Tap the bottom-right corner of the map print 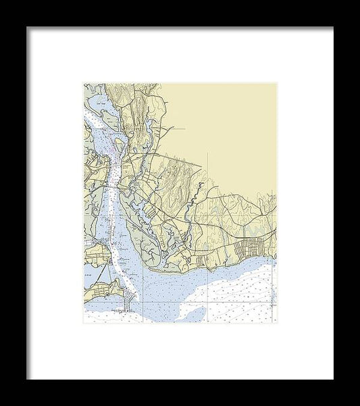(277, 323)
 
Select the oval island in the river (119, 146)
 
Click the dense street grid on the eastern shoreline (251, 247)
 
